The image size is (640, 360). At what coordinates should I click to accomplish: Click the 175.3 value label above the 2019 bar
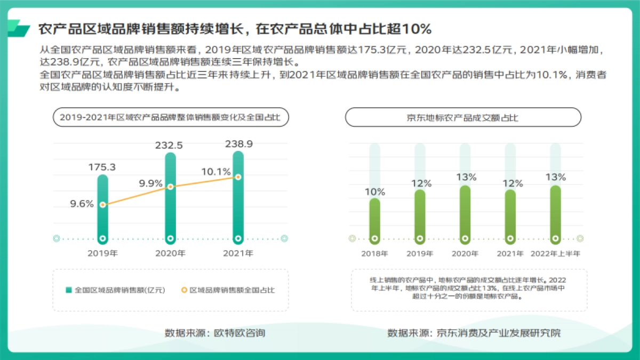pyautogui.click(x=102, y=167)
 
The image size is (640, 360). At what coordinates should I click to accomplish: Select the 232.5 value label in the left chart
pyautogui.click(x=169, y=145)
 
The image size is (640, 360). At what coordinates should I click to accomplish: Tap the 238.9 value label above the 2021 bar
pyautogui.click(x=237, y=143)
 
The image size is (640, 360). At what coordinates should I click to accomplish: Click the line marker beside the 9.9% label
pyautogui.click(x=171, y=187)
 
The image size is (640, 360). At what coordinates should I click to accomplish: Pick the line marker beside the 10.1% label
pyautogui.click(x=238, y=177)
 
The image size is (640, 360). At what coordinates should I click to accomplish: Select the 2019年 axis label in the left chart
pyautogui.click(x=102, y=253)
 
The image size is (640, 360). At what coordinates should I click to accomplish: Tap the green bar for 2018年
pyautogui.click(x=375, y=219)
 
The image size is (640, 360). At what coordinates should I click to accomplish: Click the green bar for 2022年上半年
pyautogui.click(x=555, y=213)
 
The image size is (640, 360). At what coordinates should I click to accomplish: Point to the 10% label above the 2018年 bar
pyautogui.click(x=375, y=192)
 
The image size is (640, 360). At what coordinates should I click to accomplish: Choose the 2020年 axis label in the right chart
pyautogui.click(x=465, y=253)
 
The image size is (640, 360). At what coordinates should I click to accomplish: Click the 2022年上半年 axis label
pyautogui.click(x=555, y=253)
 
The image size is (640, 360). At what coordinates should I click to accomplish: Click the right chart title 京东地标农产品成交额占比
pyautogui.click(x=463, y=117)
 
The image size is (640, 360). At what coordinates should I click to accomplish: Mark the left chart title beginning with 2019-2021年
pyautogui.click(x=171, y=117)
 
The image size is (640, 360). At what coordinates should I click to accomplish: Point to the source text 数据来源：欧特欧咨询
pyautogui.click(x=215, y=333)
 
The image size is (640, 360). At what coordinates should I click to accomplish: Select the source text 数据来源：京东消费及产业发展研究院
pyautogui.click(x=474, y=333)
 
